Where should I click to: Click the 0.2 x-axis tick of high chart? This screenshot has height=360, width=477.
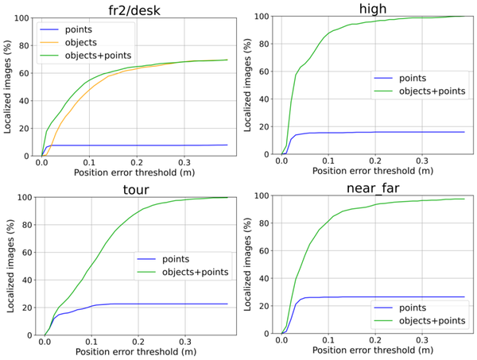[376, 164]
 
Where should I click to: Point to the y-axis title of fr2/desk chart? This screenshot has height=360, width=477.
[7, 85]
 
